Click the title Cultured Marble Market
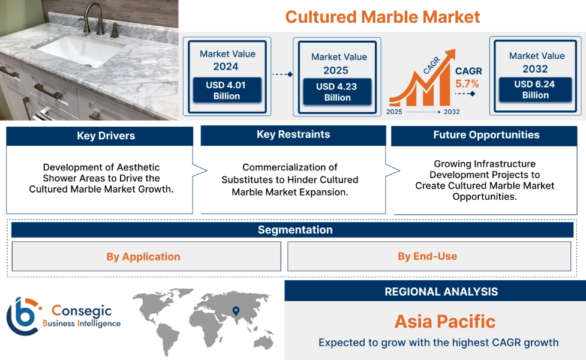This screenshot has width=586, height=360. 382,17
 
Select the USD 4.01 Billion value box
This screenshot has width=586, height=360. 226,91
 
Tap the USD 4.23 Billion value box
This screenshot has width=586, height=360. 337,92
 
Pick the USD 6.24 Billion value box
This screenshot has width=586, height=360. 535,89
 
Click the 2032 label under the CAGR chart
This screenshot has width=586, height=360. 452,112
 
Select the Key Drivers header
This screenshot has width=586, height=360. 100,136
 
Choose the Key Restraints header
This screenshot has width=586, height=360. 293,134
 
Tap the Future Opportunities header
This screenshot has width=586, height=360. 486,135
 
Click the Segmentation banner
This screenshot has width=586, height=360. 294,230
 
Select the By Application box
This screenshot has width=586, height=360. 143,257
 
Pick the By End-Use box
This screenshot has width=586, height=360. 427,257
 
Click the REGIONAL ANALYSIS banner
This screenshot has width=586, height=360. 441,292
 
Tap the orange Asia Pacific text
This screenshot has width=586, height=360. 444,322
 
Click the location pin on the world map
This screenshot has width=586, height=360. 236,310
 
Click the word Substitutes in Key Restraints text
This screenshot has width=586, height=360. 248,179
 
